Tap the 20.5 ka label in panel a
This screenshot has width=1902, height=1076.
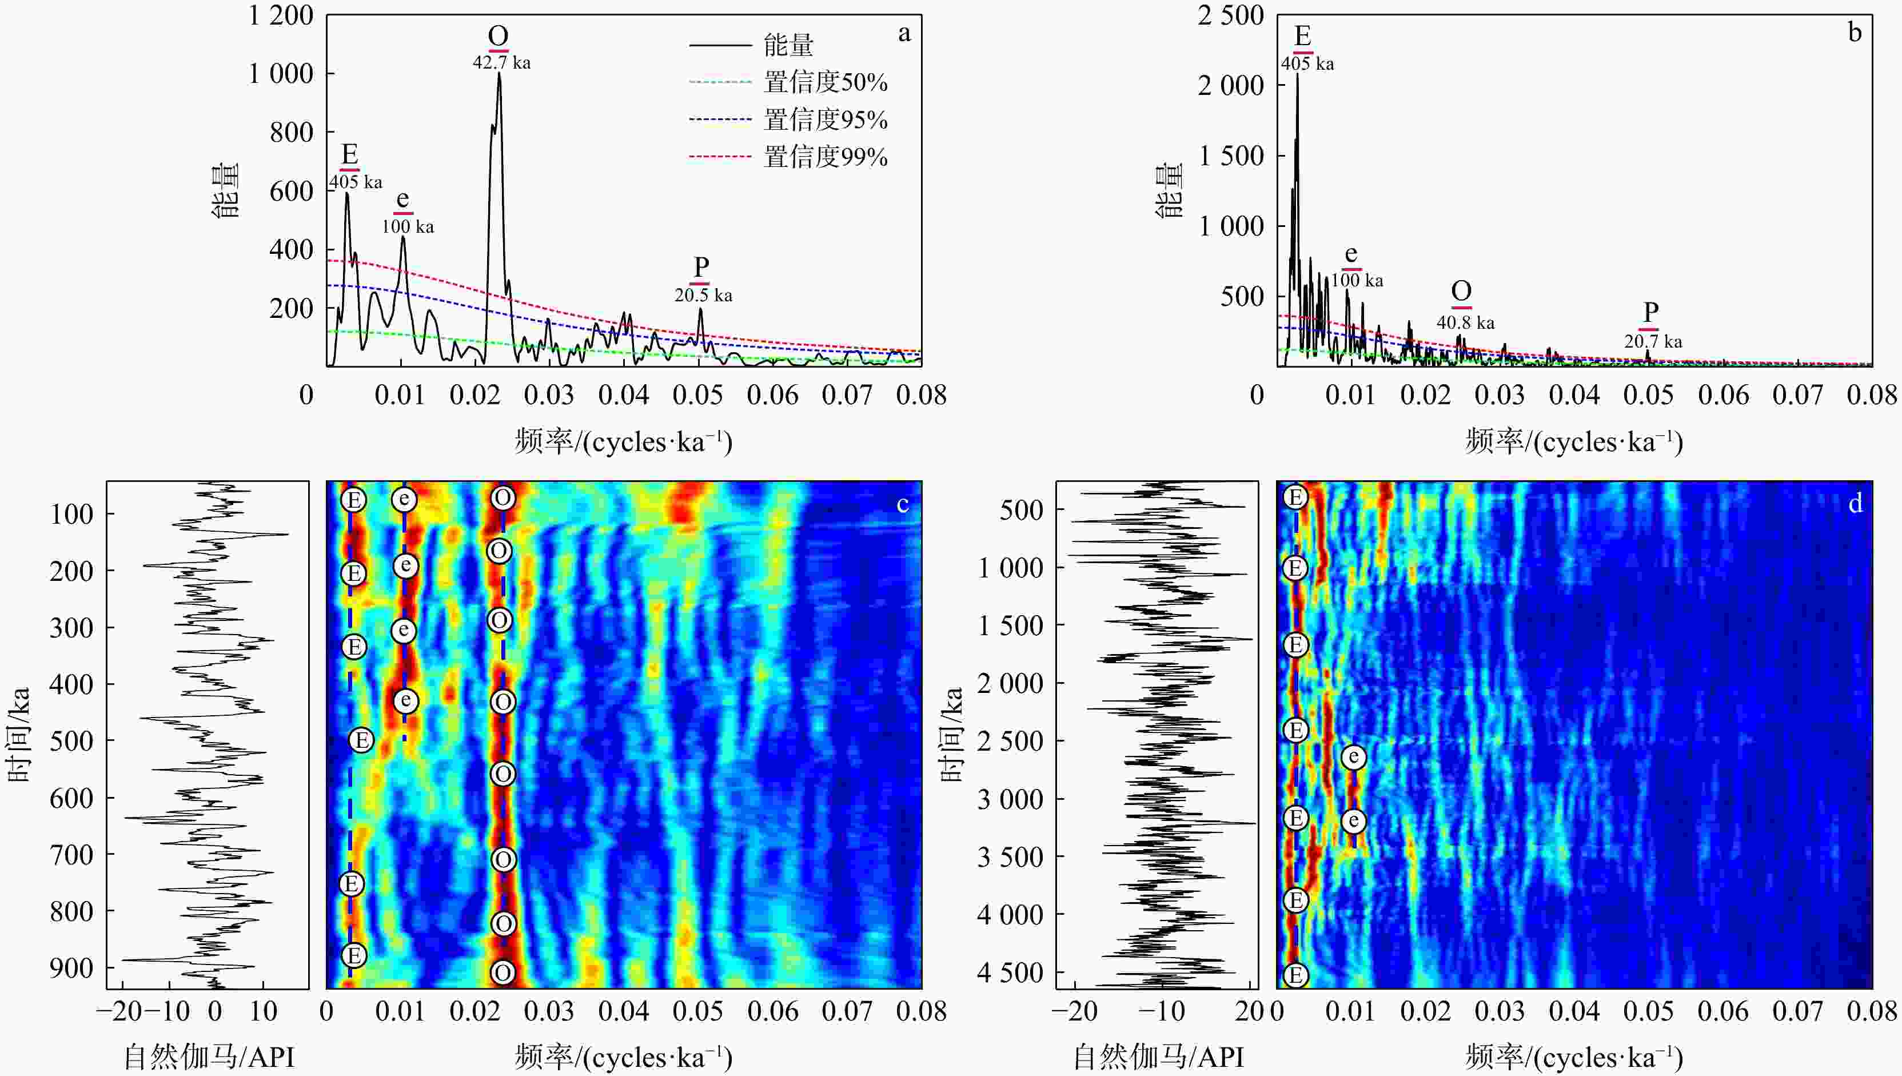coord(703,296)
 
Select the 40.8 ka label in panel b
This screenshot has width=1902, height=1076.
coord(1465,323)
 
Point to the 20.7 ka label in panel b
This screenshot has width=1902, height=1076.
coord(1652,341)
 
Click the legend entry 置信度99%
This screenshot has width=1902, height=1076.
coord(824,157)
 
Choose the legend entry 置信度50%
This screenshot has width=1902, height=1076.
coord(824,82)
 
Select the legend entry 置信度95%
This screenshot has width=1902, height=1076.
coord(824,119)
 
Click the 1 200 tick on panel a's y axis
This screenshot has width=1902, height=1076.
coord(281,15)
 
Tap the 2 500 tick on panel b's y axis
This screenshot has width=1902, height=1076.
coord(1230,15)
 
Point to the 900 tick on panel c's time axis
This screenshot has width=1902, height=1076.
coord(71,968)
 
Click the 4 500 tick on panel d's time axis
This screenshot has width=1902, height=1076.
coord(1011,973)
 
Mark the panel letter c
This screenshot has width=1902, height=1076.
coord(902,504)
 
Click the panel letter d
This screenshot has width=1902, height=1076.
coord(1855,504)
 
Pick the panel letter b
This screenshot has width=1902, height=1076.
coord(1855,33)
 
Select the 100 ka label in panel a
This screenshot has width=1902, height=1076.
coord(407,227)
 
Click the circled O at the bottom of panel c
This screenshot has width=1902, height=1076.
coord(503,973)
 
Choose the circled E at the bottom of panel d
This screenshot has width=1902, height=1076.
coord(1295,975)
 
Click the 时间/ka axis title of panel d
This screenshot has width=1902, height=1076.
coord(952,734)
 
